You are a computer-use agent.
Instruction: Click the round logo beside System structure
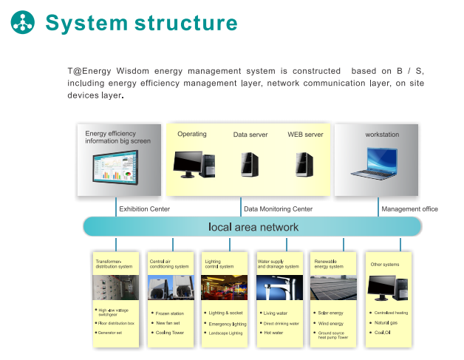click(22, 22)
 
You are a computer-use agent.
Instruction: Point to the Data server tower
click(249, 163)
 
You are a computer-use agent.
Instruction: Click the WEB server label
click(305, 135)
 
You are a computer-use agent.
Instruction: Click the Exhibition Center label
click(145, 209)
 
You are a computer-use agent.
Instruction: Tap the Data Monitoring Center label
click(278, 209)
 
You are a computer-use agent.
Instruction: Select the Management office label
click(409, 209)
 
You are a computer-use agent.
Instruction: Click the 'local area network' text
click(253, 227)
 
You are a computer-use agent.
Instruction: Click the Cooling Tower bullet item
click(170, 333)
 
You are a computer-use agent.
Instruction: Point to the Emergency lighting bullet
click(228, 324)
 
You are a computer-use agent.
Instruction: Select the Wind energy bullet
click(330, 323)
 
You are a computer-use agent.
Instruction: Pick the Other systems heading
click(385, 264)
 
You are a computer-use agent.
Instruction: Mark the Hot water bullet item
click(273, 333)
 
